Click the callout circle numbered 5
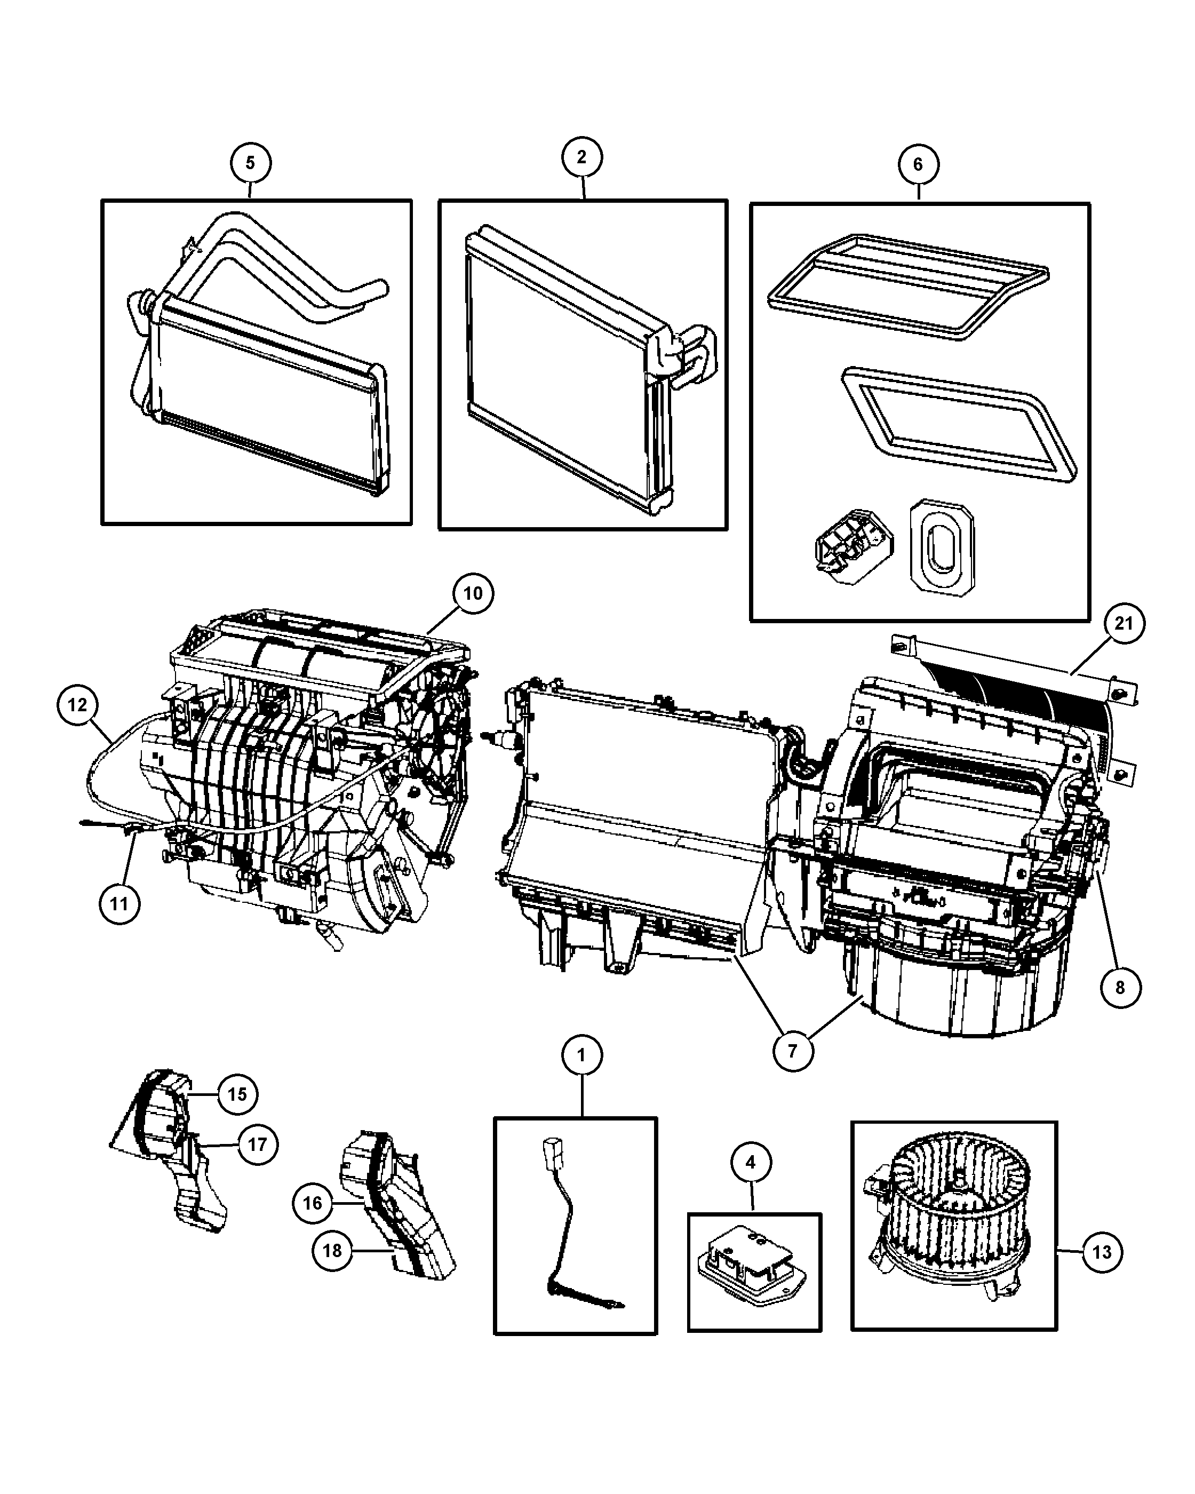click(x=250, y=163)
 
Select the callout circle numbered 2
click(x=581, y=157)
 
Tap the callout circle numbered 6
click(x=918, y=165)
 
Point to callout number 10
click(x=473, y=594)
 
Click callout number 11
click(x=119, y=904)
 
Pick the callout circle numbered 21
click(x=1123, y=624)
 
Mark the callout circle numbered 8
click(x=1120, y=988)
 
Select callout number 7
click(x=793, y=1051)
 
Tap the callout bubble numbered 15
click(x=237, y=1094)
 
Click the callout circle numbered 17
click(x=257, y=1145)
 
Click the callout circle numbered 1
click(x=581, y=1055)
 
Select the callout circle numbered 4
click(x=750, y=1162)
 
